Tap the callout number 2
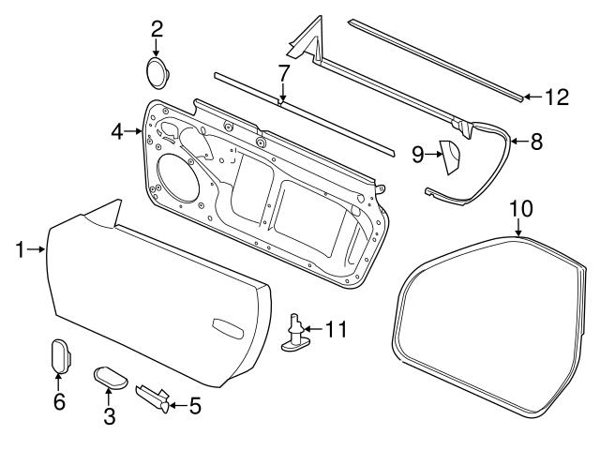(x=157, y=27)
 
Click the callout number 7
(x=283, y=72)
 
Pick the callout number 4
(x=117, y=132)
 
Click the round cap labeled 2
(x=157, y=72)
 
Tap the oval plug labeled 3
(x=110, y=379)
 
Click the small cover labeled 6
(x=58, y=355)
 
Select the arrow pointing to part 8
(x=517, y=142)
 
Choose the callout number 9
(x=418, y=155)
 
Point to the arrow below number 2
(x=157, y=47)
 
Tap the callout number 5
(x=194, y=406)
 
